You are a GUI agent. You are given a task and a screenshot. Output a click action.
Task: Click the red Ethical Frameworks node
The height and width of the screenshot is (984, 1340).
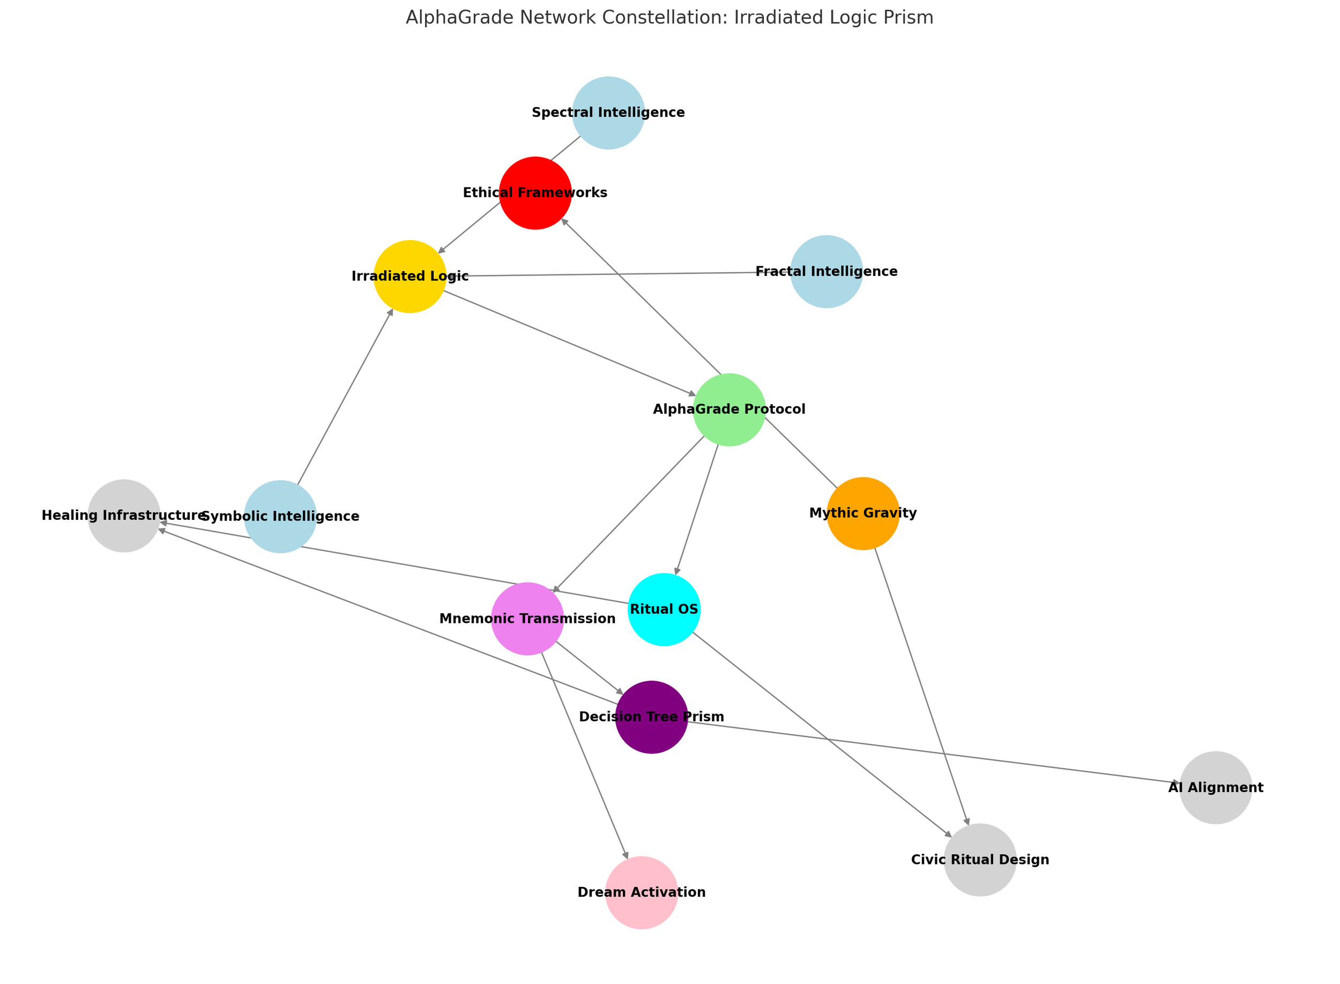coord(535,193)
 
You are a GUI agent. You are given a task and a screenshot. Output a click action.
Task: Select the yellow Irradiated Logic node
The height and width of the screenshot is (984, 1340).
coord(410,277)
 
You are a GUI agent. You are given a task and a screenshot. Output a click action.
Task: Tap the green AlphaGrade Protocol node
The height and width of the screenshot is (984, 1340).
coord(729,410)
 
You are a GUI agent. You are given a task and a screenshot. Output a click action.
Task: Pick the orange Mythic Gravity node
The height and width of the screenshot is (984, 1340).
coord(863,513)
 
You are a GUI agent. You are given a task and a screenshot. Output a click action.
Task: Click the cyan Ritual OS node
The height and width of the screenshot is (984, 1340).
coord(664,609)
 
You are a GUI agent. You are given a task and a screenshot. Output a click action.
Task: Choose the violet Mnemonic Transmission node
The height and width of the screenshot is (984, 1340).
coord(527,619)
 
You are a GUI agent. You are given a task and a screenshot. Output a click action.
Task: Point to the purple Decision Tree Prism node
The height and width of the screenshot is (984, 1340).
coord(652,717)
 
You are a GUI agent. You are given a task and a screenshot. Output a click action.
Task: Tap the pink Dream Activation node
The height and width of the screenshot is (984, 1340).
coord(642,893)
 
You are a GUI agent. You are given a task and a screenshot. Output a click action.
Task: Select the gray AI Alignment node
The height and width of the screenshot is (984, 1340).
coord(1216,788)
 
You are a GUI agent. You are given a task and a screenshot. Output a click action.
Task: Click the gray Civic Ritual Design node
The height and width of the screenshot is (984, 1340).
coord(980,860)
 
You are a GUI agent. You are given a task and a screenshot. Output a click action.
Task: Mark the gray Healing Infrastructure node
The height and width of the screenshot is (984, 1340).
coord(124,516)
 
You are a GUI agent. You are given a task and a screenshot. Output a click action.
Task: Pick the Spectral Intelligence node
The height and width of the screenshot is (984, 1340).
coord(608,113)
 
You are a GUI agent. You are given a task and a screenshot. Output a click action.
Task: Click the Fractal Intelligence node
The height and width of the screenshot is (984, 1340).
coord(826,272)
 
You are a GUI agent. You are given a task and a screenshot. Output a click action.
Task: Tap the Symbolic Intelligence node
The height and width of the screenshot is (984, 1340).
coord(280,517)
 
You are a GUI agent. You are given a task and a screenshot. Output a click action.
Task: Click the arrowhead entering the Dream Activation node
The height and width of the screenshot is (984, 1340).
coord(626,855)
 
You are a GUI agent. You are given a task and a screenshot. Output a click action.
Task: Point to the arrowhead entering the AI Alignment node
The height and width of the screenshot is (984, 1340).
coord(1175,782)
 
